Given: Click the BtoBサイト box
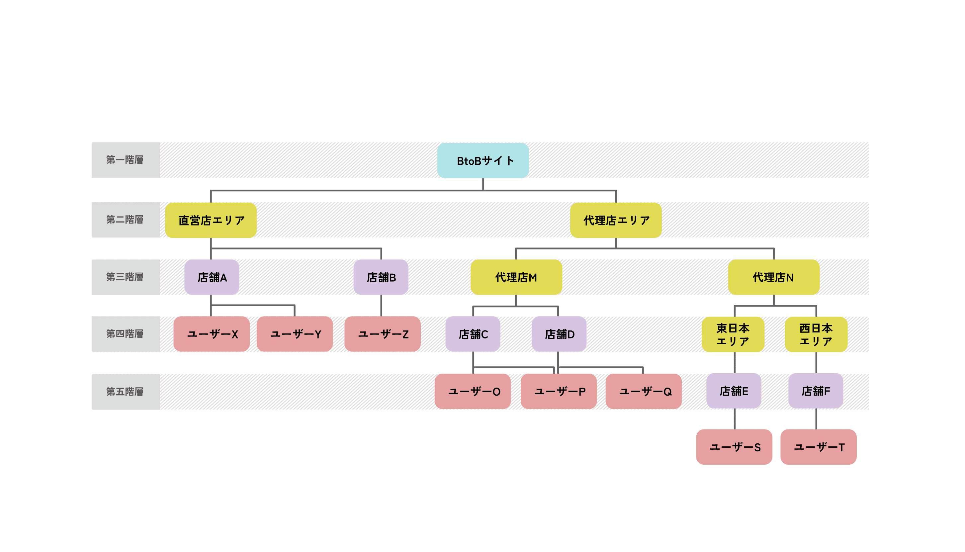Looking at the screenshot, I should pos(483,161).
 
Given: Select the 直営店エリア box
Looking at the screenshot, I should pos(211,220).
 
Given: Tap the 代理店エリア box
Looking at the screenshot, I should pos(616,220).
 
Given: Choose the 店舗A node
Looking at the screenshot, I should pos(212,277).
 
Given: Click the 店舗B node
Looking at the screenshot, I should pos(381,277).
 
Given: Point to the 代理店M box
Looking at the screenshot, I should pos(516,277).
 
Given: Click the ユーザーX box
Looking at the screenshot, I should pos(212,334).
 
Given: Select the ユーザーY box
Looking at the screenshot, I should pos(295,334).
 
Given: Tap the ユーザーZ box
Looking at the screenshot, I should pos(383,334).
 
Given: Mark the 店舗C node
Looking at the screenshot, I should pos(473,334).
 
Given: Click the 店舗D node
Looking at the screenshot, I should pos(559,334).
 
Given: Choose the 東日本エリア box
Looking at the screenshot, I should pos(733,334).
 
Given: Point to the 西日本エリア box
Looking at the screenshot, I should pos(816,334).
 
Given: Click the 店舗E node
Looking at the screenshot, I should pos(734,391).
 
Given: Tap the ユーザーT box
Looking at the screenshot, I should pos(818,447).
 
